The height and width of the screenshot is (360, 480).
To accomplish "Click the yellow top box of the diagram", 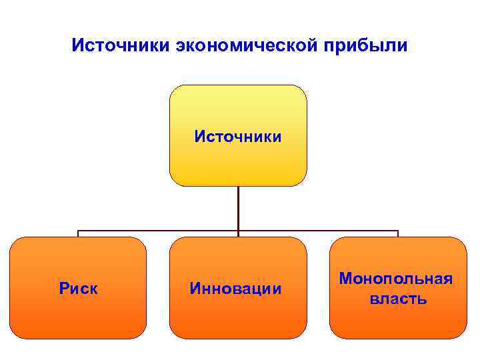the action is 238,107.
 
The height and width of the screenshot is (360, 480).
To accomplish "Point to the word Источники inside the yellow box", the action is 238,137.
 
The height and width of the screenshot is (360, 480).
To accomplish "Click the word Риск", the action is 79,289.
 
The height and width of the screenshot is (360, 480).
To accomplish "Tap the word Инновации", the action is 236,289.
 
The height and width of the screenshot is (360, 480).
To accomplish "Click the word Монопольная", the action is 397,278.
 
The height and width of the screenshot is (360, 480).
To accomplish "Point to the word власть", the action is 399,299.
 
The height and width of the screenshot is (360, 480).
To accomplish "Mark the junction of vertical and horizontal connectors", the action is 238,231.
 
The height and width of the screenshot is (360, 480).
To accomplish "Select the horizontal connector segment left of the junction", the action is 159,231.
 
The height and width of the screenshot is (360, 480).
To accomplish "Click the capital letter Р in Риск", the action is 64,289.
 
